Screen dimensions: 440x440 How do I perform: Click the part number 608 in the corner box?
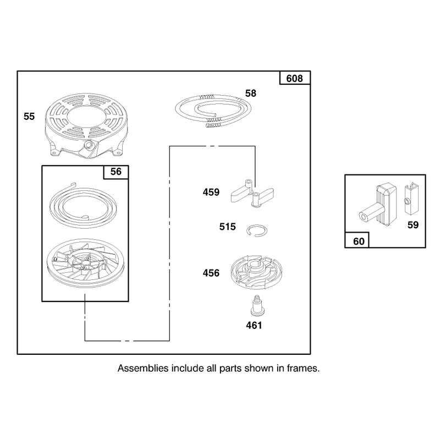point(294,78)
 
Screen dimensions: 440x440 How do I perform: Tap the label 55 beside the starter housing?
point(29,117)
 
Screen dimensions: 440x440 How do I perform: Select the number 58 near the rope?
point(251,93)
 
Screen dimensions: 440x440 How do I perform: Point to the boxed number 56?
point(116,172)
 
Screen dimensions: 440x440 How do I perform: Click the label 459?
point(211,192)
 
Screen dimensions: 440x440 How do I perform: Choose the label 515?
point(228,227)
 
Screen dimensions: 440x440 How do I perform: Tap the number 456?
point(211,273)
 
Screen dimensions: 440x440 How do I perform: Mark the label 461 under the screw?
point(254,325)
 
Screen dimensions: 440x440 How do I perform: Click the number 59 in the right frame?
point(413,225)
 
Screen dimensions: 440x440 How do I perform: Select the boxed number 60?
point(359,241)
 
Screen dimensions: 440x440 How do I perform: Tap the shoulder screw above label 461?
point(256,305)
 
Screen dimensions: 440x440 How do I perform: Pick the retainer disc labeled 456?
point(257,272)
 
